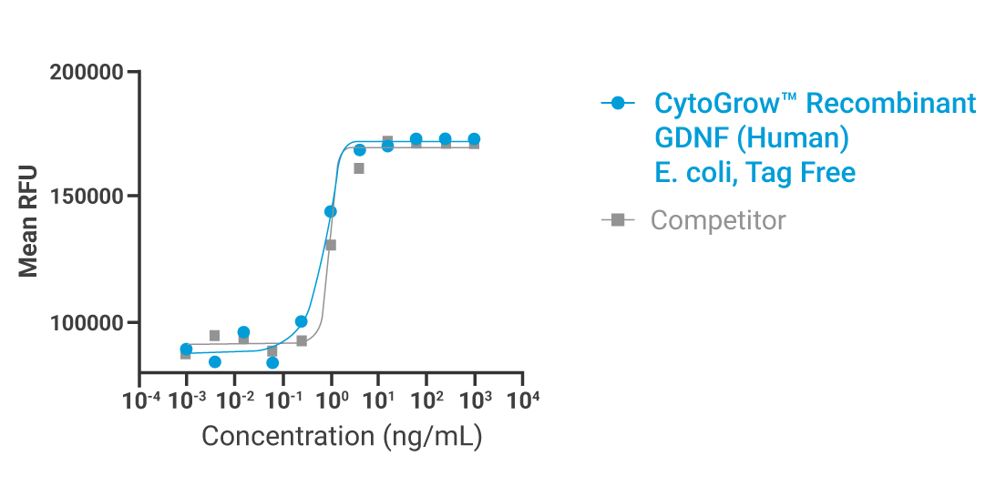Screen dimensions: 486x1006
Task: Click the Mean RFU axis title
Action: click(28, 221)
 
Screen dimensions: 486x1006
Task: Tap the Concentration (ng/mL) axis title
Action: click(341, 436)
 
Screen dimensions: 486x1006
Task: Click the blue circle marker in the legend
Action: click(619, 104)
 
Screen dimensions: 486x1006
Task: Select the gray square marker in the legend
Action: click(619, 219)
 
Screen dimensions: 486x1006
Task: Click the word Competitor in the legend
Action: click(718, 220)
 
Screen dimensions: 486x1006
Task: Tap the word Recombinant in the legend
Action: click(891, 104)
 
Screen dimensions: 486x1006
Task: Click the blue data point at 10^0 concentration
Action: click(331, 211)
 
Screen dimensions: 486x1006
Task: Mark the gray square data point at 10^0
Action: click(331, 245)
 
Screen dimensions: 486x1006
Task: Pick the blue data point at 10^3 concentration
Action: click(474, 139)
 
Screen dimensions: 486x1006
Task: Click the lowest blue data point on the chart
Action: click(272, 363)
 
